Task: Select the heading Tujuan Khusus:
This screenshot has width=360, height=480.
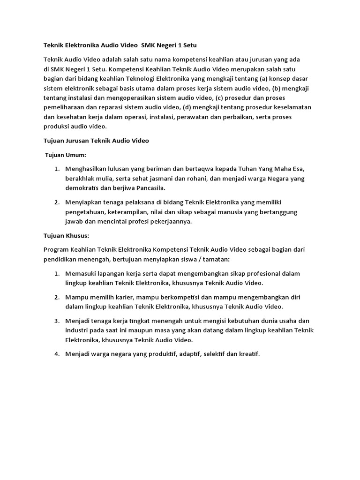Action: tap(66, 235)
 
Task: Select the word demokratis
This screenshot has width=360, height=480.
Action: tap(83, 188)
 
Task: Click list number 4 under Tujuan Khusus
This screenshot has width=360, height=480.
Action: tap(56, 354)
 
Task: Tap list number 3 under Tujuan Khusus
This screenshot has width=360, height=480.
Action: tap(56, 321)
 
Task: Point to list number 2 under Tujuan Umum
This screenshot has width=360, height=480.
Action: tap(56, 202)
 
